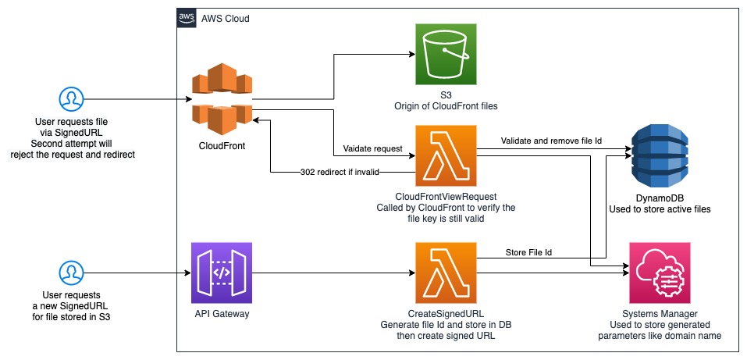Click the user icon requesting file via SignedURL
click(x=71, y=99)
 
